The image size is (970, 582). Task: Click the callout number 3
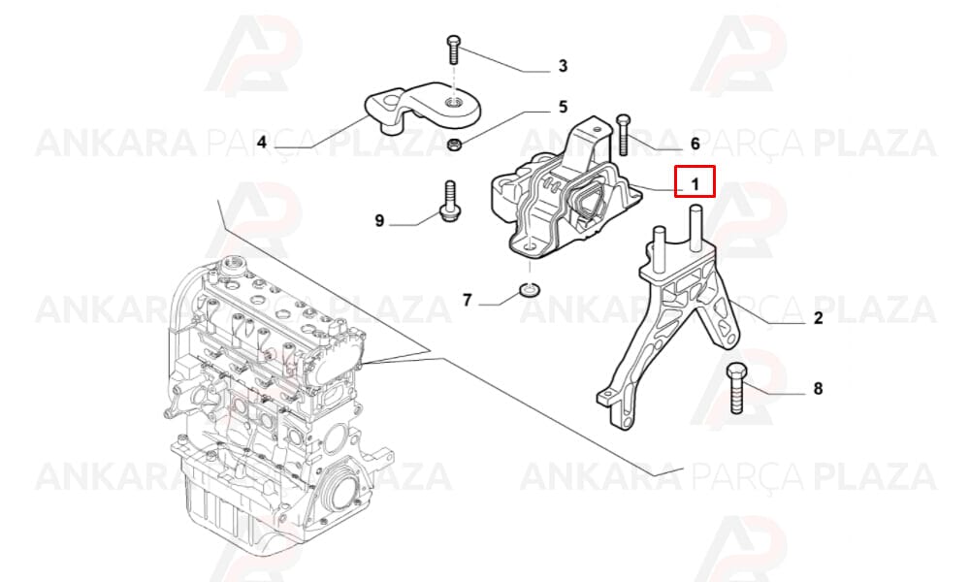tap(563, 66)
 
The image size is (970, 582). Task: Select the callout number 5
tap(563, 107)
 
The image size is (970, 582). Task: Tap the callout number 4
tap(262, 143)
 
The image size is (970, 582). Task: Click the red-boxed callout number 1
tap(695, 183)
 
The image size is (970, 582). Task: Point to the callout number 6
tap(695, 144)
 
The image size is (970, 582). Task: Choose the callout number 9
tap(380, 220)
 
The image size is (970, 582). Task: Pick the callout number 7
tap(468, 300)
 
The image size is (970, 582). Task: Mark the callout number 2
tap(819, 318)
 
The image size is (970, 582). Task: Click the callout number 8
tap(818, 388)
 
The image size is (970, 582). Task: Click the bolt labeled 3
tap(453, 50)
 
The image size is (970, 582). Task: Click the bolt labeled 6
tap(623, 134)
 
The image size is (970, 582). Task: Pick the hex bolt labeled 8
tap(736, 388)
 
